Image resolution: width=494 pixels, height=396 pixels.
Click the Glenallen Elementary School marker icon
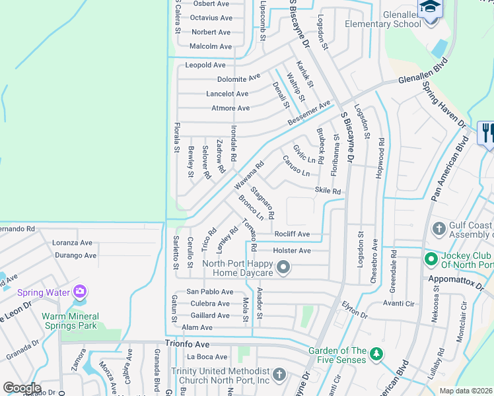pos(430,9)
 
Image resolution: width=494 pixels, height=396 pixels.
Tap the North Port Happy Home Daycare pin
pos(283,267)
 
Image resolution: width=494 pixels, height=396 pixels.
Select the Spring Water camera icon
pos(80,291)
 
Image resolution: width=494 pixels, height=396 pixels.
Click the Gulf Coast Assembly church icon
pos(439,229)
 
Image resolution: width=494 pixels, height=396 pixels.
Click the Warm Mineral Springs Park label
pos(69,320)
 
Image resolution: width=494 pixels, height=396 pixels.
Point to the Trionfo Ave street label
pos(187,345)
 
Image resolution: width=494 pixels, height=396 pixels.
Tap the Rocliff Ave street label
pos(292,234)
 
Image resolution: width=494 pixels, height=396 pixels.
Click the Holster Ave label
pos(292,251)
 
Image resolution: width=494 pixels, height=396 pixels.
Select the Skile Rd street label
pos(328,191)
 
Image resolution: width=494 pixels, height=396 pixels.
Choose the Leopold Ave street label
pos(205,65)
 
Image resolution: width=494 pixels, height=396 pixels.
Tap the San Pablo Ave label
pos(210,292)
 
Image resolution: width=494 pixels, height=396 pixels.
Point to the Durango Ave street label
pos(75,255)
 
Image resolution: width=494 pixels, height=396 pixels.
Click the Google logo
pos(22,388)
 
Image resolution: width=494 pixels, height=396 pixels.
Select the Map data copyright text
pos(466,391)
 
